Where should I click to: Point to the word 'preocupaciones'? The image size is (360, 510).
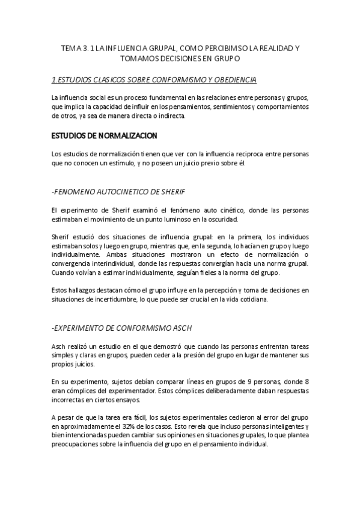(x=78, y=446)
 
